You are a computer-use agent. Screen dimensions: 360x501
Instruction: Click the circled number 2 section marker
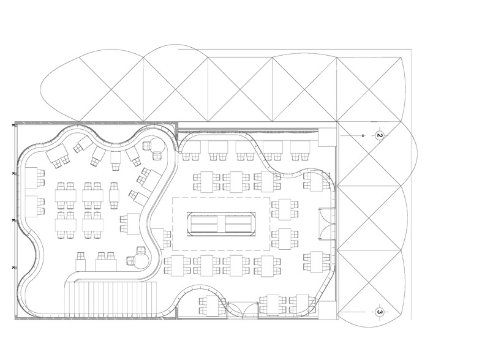tap(380, 135)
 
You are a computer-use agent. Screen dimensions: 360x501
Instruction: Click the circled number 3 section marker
tap(380, 312)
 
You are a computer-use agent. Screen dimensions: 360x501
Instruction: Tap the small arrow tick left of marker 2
tap(363, 134)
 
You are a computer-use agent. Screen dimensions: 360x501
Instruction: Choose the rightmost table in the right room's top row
tap(300, 148)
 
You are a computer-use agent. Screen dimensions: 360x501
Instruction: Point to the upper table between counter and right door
tap(284, 209)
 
